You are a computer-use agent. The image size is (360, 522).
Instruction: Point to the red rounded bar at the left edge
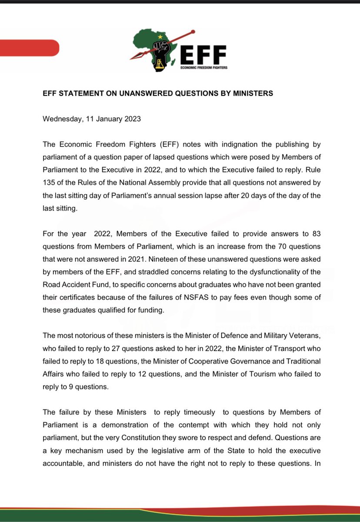coord(28,47)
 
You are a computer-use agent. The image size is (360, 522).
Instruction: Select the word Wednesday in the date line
coord(62,119)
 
